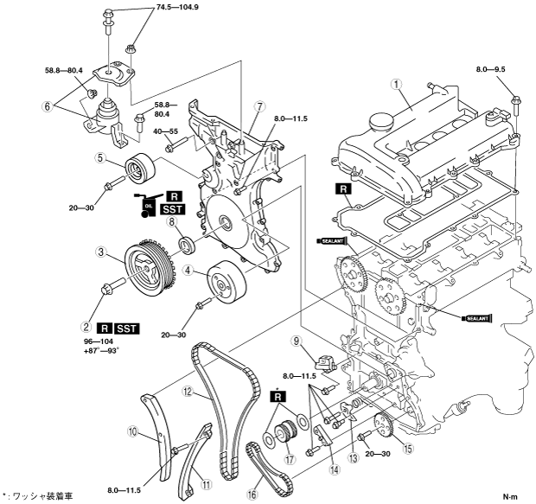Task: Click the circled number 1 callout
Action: point(397,85)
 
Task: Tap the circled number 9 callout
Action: point(297,341)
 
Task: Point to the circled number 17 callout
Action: point(290,459)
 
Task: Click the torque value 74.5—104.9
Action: point(178,7)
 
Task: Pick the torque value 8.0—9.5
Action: point(491,69)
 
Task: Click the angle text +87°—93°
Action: point(101,350)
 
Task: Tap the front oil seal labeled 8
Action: point(187,243)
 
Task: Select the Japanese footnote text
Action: point(37,496)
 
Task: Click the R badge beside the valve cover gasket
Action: point(343,189)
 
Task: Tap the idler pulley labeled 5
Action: point(140,170)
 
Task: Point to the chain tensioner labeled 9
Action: point(325,361)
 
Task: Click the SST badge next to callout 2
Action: point(127,329)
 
